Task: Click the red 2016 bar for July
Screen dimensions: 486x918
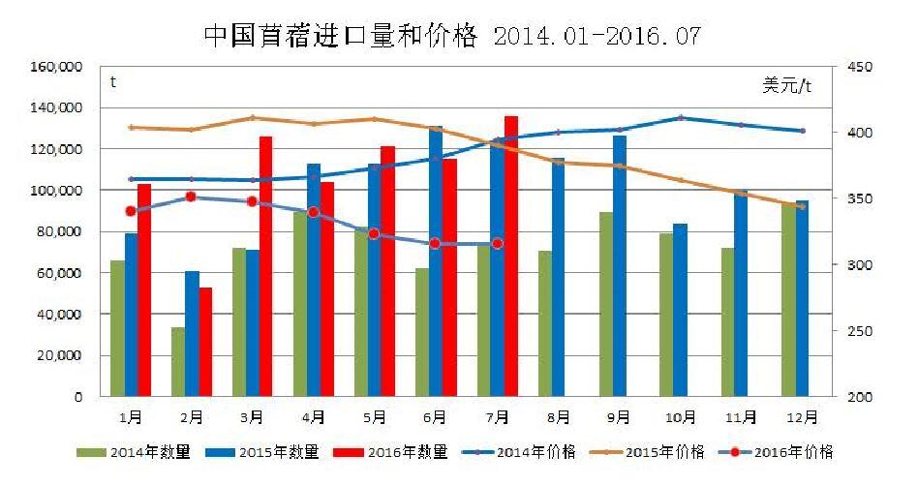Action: click(x=510, y=256)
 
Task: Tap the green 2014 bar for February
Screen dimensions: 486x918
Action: click(x=178, y=361)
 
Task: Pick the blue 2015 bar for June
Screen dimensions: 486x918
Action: click(x=436, y=261)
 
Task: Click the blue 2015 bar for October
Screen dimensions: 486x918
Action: click(x=680, y=310)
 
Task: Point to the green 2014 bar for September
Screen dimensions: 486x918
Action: click(x=605, y=304)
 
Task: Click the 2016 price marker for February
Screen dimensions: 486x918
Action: click(x=191, y=197)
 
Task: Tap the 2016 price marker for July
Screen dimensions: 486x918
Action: click(x=498, y=244)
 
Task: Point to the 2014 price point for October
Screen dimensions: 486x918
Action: click(x=681, y=118)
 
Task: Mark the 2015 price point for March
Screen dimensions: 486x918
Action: click(x=252, y=118)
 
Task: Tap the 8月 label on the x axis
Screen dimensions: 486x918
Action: click(x=558, y=417)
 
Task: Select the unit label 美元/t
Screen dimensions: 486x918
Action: click(x=786, y=85)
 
